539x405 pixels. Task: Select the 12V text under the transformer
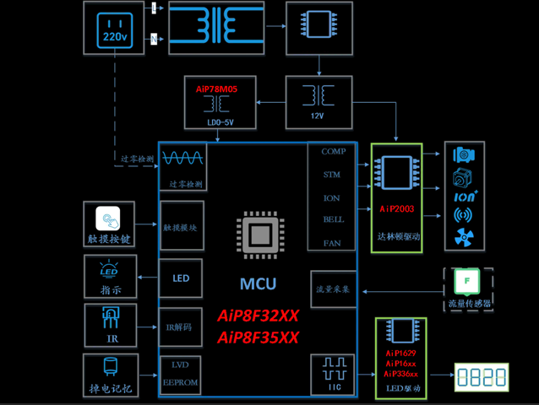tap(318, 115)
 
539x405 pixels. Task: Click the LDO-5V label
tap(219, 121)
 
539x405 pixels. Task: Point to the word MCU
tap(258, 284)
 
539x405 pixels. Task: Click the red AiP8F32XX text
tap(258, 316)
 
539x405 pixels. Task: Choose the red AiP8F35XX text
tap(258, 337)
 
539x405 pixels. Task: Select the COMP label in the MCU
tap(333, 152)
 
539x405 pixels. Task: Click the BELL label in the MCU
tap(333, 220)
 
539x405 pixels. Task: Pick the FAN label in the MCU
tap(333, 243)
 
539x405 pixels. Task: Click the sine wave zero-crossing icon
tap(182, 159)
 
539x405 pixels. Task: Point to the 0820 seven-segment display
tap(482, 375)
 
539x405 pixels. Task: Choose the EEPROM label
tap(181, 382)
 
